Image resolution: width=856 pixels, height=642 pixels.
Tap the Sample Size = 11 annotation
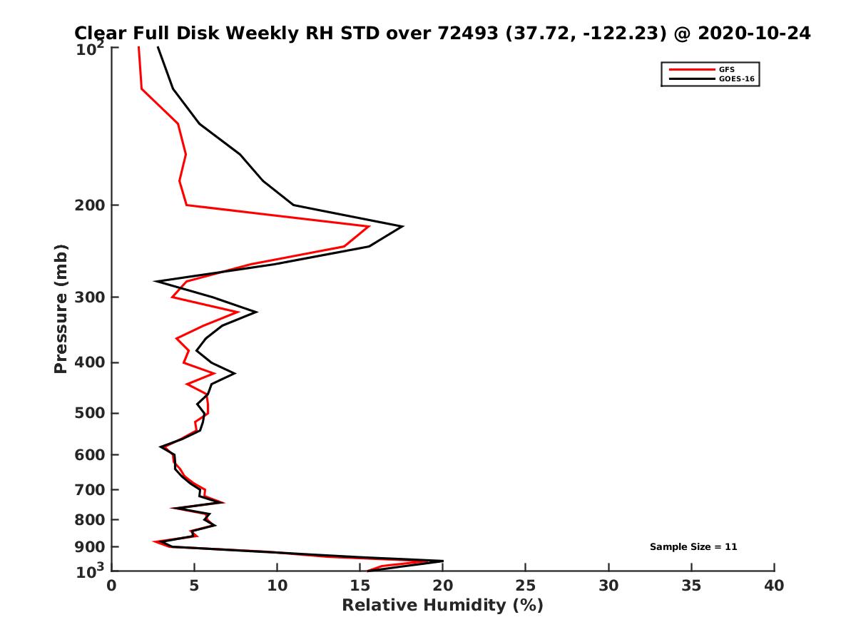point(693,547)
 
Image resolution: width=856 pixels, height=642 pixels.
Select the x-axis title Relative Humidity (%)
point(442,606)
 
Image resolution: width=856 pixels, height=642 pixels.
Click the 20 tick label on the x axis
point(442,586)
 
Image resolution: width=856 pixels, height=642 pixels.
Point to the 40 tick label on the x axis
point(774,586)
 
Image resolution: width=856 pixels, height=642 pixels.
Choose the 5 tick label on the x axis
point(195,586)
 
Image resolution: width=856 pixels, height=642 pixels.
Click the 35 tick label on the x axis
point(691,586)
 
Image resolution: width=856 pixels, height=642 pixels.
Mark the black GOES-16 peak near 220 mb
point(403,226)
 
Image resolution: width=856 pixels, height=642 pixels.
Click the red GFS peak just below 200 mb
point(369,226)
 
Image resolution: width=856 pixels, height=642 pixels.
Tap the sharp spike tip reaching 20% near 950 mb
point(442,561)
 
